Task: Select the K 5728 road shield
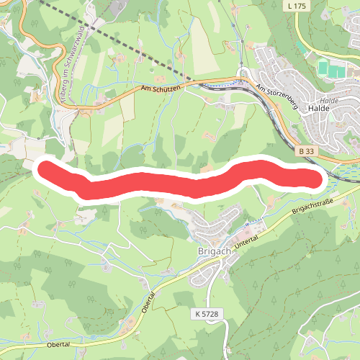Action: [x=205, y=315]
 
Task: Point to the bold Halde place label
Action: [x=318, y=109]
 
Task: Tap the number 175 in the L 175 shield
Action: [x=300, y=6]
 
